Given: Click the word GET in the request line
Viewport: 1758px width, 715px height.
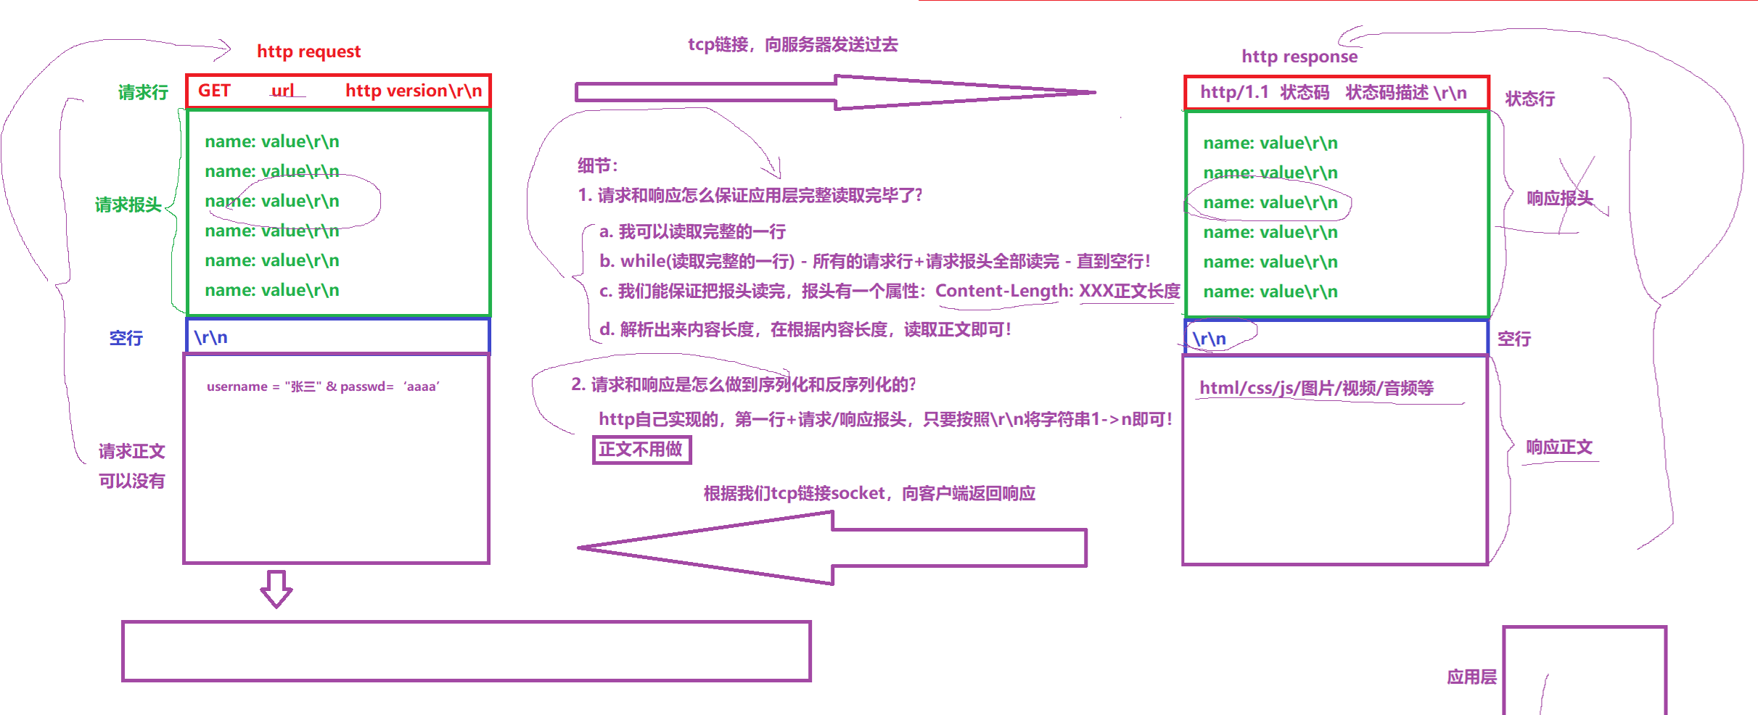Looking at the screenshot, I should [x=214, y=91].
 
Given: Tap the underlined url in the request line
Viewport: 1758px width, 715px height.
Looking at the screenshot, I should [x=283, y=91].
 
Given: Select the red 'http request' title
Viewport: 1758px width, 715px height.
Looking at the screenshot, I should [x=308, y=51].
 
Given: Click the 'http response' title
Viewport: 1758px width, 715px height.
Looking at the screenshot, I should [x=1299, y=57].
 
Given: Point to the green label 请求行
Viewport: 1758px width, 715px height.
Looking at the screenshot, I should [x=143, y=92].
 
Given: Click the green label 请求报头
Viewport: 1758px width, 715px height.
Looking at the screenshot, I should [x=128, y=204].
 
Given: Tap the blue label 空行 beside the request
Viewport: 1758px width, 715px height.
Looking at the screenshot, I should [x=126, y=338].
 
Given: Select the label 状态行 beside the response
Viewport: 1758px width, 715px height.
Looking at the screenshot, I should [x=1529, y=99].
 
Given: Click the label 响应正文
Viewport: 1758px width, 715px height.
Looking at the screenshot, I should [x=1558, y=447].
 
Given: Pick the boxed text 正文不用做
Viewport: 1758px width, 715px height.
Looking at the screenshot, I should [x=641, y=450].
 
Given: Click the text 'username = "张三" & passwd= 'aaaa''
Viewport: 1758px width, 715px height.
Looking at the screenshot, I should [x=323, y=387].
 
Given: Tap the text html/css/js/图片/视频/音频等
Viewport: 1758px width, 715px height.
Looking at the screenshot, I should [x=1316, y=388].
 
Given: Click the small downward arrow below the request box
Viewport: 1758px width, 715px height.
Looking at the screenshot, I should [x=276, y=589].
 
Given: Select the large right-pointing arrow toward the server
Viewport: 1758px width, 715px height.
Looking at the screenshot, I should [x=834, y=92].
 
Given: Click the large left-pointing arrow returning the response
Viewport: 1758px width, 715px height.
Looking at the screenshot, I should [x=831, y=547].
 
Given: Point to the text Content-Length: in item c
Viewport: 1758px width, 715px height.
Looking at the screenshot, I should [x=1003, y=291].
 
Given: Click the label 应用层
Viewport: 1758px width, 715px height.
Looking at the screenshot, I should [x=1471, y=677].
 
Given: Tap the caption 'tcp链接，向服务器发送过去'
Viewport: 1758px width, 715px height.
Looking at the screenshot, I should [x=792, y=45].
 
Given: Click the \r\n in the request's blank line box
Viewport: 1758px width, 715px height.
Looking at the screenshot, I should [x=210, y=337].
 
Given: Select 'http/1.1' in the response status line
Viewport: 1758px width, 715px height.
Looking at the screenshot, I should [x=1233, y=92].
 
